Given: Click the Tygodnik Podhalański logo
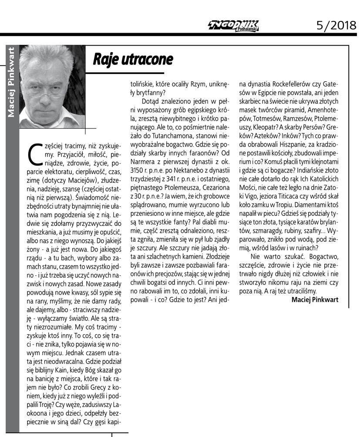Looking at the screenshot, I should (x=233, y=26).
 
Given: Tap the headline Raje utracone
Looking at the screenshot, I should (x=133, y=59).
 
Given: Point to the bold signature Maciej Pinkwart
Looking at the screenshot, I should (x=314, y=299).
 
